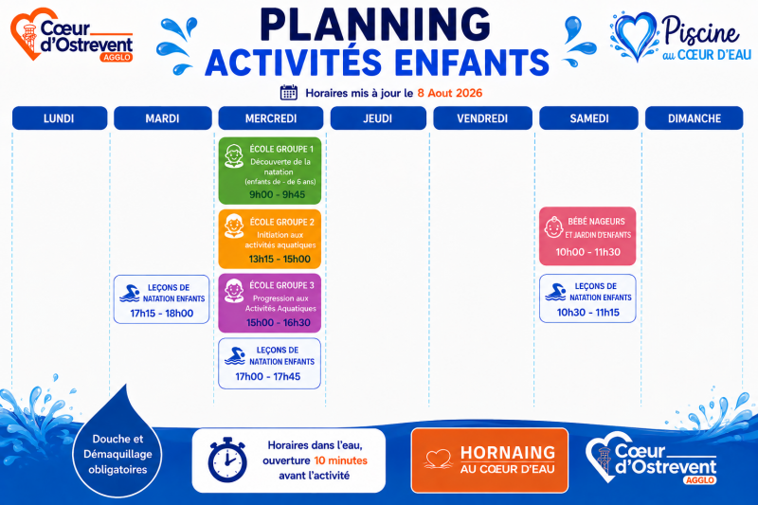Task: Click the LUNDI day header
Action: click(60, 118)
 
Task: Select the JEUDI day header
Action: click(378, 118)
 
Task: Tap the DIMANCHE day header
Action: click(695, 118)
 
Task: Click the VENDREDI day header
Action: click(482, 118)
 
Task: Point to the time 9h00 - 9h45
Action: click(277, 194)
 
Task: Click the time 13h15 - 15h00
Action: click(280, 259)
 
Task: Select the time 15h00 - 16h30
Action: click(279, 322)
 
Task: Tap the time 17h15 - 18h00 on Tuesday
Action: click(161, 314)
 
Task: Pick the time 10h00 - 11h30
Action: click(587, 252)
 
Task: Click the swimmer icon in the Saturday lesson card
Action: click(555, 292)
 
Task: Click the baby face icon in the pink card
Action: click(553, 227)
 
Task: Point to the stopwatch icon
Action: click(227, 460)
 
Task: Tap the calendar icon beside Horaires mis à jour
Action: click(289, 92)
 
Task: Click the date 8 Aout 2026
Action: click(449, 93)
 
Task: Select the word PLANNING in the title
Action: click(375, 25)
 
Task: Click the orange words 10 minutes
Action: click(341, 460)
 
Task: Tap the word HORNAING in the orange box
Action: click(508, 453)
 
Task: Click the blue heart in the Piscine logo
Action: click(634, 36)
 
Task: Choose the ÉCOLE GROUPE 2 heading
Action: click(281, 223)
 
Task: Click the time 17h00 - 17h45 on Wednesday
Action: click(268, 376)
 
